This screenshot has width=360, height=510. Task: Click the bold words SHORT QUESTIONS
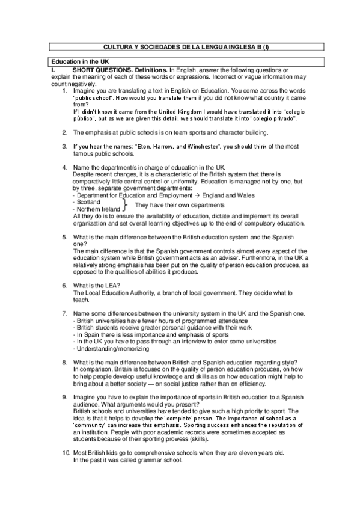(102, 70)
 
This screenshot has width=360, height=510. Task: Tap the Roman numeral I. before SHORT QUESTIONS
(53, 70)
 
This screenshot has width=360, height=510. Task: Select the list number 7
(64, 313)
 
